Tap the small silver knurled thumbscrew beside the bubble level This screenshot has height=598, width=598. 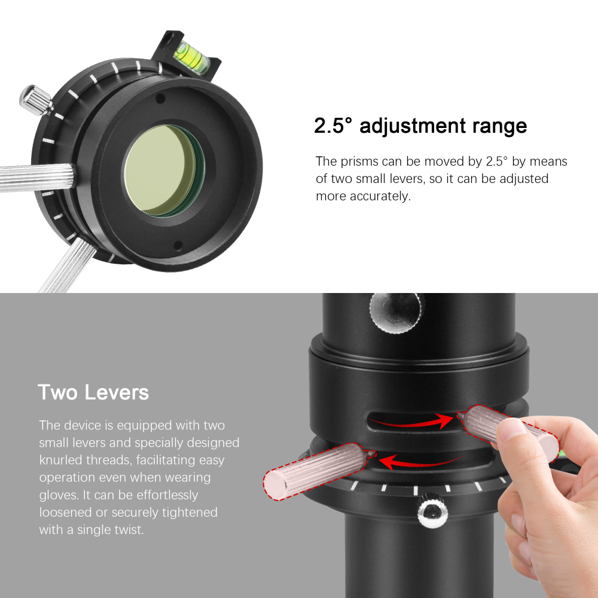[x=36, y=100]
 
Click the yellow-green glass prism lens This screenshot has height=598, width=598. [x=160, y=170]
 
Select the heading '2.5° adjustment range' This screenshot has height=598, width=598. [x=420, y=126]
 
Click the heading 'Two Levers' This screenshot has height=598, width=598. [x=93, y=392]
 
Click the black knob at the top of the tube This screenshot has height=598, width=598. [x=396, y=313]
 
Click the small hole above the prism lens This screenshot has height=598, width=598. [x=160, y=99]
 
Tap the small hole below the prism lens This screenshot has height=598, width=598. [x=178, y=245]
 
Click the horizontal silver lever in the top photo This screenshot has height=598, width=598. [x=37, y=178]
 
